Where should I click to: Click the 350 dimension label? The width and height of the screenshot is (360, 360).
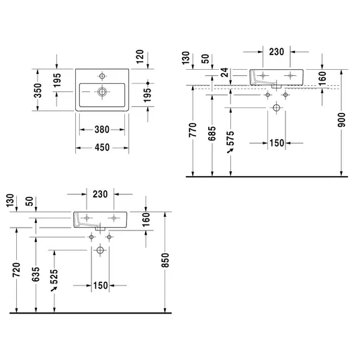[38, 91]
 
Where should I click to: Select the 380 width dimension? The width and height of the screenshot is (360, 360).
[102, 130]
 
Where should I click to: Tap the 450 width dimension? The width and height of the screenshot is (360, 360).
[102, 148]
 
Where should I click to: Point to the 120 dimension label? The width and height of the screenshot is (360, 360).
[140, 56]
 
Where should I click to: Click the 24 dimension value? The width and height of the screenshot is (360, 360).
[225, 72]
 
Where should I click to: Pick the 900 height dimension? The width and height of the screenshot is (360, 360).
[341, 120]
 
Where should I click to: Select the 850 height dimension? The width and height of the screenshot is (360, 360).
[165, 260]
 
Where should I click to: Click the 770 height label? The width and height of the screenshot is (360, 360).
[193, 130]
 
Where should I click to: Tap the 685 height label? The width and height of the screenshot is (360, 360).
[212, 134]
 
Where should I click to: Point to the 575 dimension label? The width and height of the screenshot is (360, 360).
[230, 138]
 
